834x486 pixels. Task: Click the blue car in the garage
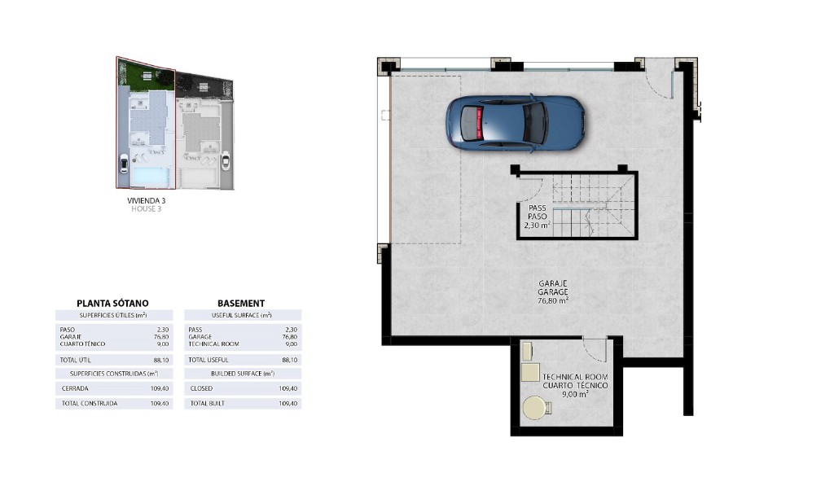tap(515, 124)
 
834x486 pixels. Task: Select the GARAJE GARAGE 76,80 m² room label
tap(553, 292)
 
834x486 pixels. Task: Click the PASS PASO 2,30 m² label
tap(538, 217)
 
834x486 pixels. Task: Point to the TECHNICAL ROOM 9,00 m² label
tap(575, 386)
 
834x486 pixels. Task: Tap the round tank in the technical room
tap(535, 409)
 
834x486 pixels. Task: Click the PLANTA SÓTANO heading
tap(112, 303)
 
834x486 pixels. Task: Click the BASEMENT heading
tap(241, 303)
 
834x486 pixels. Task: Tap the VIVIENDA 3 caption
tap(147, 200)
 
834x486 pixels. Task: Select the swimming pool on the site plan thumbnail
tap(151, 177)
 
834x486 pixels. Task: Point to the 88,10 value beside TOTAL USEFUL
tap(290, 360)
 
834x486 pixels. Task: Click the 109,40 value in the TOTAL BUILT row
tap(288, 403)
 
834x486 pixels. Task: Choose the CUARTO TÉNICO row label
tap(82, 344)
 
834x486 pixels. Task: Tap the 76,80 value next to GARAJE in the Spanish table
tap(161, 336)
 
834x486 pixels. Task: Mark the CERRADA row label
tap(75, 388)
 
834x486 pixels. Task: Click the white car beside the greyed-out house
tap(226, 160)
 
